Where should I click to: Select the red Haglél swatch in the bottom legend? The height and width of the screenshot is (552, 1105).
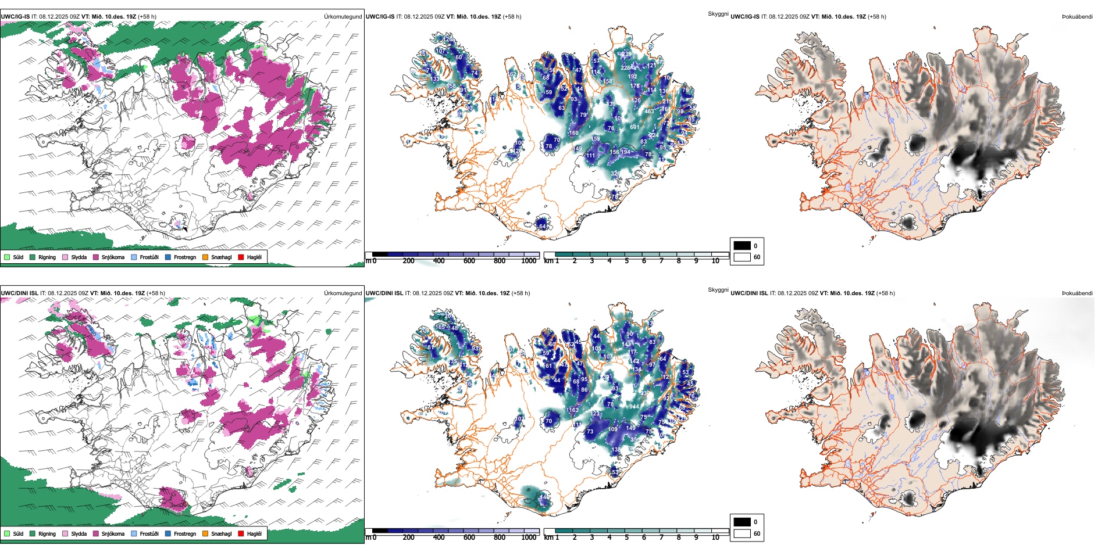pos(241,533)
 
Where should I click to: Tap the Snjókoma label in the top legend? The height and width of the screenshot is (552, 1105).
pos(113,257)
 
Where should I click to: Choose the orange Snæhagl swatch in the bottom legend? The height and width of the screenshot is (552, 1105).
pos(205,533)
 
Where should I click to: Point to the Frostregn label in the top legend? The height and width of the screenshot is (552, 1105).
pos(185,257)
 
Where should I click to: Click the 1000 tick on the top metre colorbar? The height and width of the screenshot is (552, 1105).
pos(529,261)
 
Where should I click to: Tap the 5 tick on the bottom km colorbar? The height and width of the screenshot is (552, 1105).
pos(627,537)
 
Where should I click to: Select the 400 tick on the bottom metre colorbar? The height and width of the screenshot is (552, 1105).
pos(439,537)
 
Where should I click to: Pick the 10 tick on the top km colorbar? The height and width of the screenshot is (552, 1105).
pos(715,261)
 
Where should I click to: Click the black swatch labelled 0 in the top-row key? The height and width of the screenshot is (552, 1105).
pos(742,246)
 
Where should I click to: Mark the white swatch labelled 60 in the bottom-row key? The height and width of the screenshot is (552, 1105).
pos(742,533)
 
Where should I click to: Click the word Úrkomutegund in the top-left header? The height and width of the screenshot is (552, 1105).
pos(343,16)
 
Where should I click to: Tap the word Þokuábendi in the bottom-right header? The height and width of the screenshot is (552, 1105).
pos(1077,293)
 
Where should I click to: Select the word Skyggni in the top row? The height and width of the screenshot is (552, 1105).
pos(718,13)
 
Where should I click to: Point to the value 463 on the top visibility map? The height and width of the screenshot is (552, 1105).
pos(649,111)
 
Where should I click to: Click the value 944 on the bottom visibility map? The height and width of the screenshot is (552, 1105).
pos(633,407)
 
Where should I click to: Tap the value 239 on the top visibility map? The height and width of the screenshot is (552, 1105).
pos(626,54)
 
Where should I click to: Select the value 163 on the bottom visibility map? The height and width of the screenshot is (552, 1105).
pos(573,410)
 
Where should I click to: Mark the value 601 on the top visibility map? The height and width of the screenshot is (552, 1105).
pos(635,127)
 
